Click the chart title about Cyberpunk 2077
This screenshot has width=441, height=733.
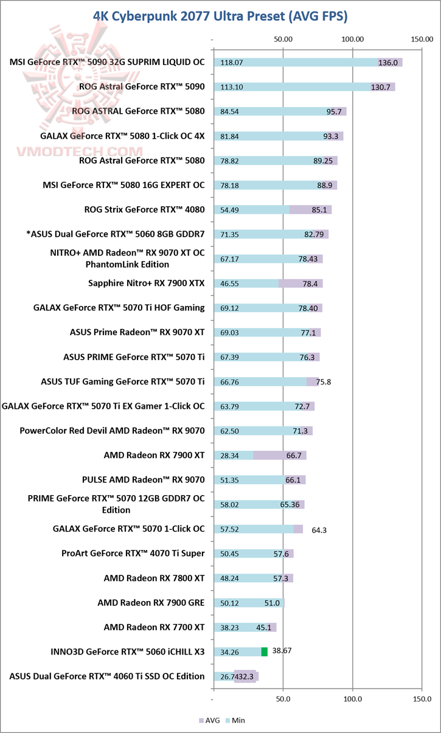tap(220, 16)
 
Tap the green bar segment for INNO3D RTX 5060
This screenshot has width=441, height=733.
tap(265, 652)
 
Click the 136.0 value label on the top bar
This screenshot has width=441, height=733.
tap(388, 63)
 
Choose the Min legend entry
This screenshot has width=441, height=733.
tap(235, 720)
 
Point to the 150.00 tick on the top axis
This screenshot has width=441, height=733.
tap(422, 40)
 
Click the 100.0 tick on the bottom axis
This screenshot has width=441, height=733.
tap(353, 699)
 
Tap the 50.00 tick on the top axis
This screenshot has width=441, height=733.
tap(283, 40)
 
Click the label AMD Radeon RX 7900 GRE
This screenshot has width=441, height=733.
tap(151, 603)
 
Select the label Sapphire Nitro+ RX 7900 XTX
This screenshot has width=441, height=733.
tap(146, 283)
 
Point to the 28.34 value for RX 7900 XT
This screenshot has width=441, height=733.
tap(229, 456)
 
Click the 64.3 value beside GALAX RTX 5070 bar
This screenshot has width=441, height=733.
tap(319, 530)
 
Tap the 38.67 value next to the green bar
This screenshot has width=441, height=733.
tap(282, 650)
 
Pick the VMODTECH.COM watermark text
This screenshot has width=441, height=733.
tap(80, 151)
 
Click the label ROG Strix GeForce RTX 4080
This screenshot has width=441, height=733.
tap(145, 209)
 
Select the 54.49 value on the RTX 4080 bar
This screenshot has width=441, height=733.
tap(229, 210)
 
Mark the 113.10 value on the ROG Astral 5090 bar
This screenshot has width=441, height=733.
tap(232, 87)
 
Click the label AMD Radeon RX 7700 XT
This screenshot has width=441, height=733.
tap(154, 627)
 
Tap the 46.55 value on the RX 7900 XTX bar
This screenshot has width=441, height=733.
tap(229, 283)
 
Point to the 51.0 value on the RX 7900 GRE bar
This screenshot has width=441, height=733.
tap(272, 603)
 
